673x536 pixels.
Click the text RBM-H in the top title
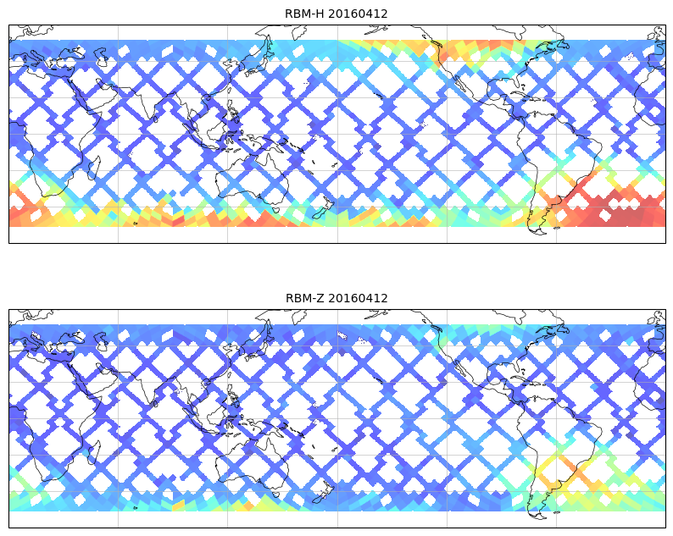coord(303,14)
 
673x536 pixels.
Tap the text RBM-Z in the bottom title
coord(303,298)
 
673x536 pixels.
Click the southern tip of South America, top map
coord(535,231)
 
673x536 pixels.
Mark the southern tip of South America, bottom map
coord(535,516)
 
